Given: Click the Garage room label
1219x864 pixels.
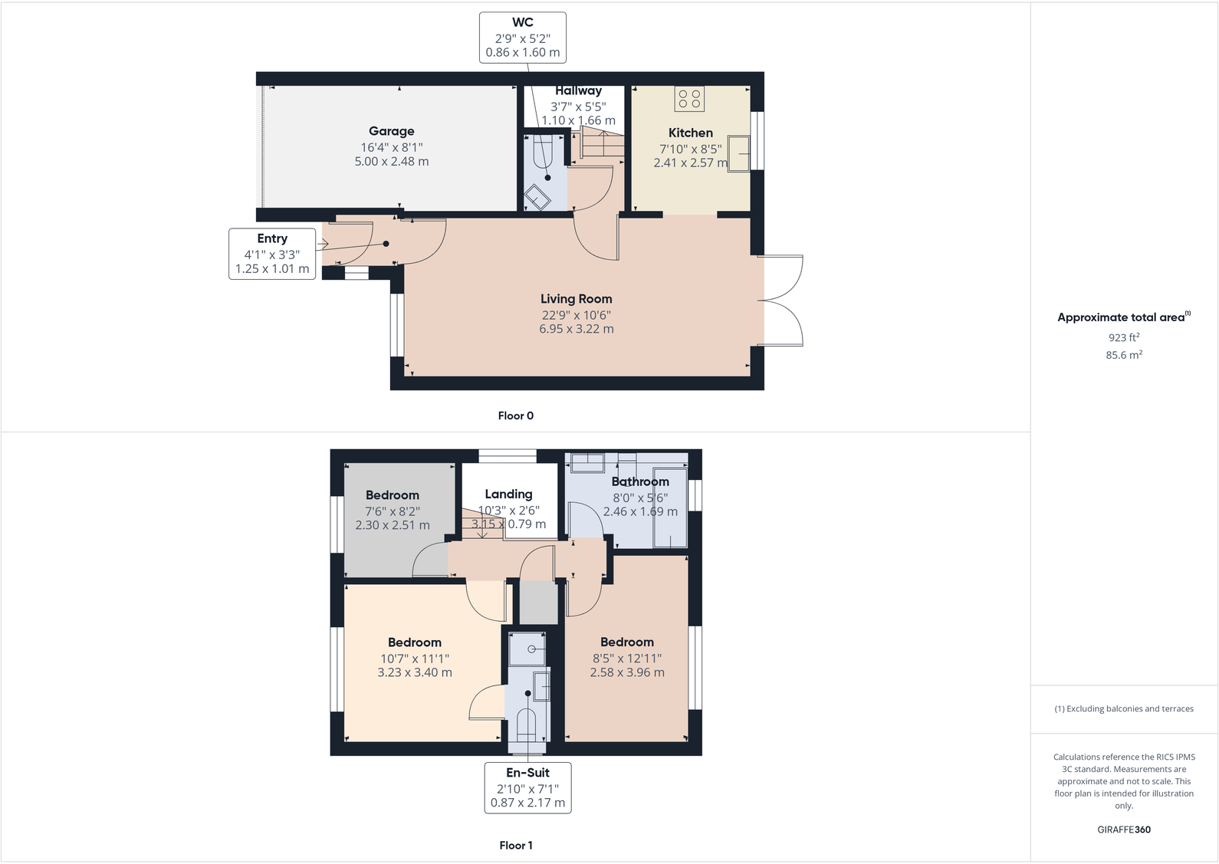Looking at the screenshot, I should (x=391, y=131).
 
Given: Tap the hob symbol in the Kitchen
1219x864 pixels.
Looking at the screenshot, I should (x=689, y=98).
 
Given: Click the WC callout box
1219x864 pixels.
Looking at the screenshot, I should (x=523, y=38).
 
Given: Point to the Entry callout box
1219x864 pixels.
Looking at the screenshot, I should (x=272, y=254).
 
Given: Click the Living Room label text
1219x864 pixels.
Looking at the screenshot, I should (x=576, y=299).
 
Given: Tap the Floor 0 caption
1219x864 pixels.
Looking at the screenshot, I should (x=515, y=416).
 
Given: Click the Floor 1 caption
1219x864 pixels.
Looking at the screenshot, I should (x=515, y=845).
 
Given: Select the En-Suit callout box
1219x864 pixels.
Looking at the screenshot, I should (x=527, y=787).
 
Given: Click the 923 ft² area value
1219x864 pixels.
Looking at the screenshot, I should (x=1123, y=337).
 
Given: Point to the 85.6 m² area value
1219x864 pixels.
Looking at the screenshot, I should (x=1123, y=355).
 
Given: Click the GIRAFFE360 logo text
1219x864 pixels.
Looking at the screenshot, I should (x=1123, y=830).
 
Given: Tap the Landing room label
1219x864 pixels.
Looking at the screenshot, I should (x=508, y=494).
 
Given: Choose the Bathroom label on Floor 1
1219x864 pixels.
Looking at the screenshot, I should (x=640, y=481).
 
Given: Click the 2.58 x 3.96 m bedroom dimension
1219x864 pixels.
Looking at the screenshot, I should (x=626, y=672).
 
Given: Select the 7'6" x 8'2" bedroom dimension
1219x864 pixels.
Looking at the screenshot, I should (x=392, y=511).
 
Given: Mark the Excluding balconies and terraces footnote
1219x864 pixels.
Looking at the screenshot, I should (x=1123, y=708).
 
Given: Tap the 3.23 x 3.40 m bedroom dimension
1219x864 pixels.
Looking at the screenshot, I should (x=414, y=672).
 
